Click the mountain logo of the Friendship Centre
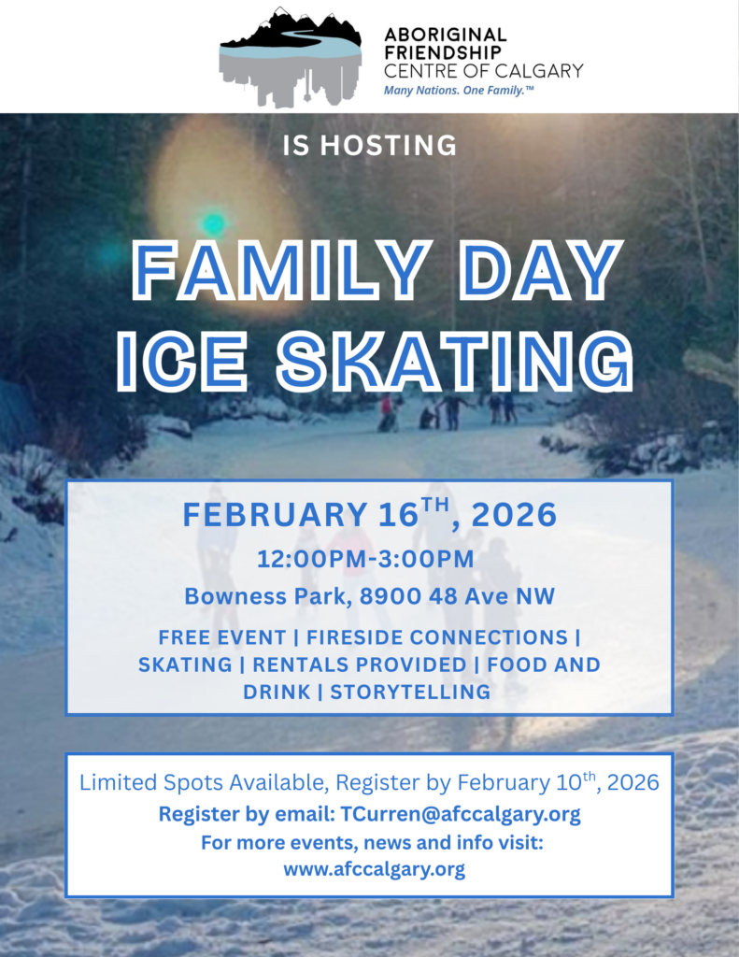(290, 56)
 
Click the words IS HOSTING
(369, 146)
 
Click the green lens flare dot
(214, 223)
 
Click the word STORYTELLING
(410, 692)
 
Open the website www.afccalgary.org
(374, 869)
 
